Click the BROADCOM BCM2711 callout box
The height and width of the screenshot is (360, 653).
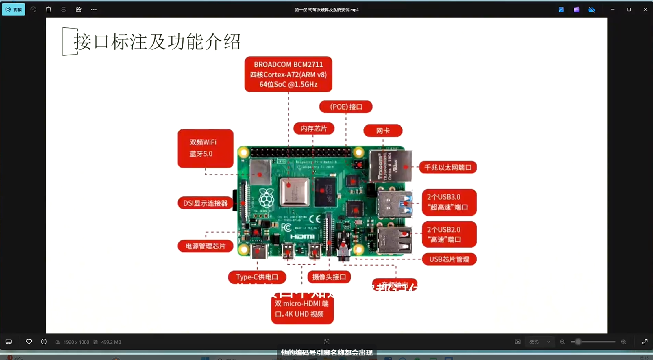click(x=288, y=74)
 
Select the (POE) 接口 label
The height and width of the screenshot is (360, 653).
click(x=346, y=107)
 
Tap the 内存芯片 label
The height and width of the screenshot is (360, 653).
click(x=314, y=129)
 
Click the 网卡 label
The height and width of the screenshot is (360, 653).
click(x=383, y=131)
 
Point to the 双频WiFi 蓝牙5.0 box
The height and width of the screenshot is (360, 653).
click(x=205, y=148)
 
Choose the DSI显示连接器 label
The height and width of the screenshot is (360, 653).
click(x=205, y=203)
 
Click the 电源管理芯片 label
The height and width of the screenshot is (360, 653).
click(x=205, y=246)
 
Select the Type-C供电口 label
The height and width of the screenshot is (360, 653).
click(x=257, y=277)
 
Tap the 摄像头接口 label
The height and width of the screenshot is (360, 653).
click(x=329, y=277)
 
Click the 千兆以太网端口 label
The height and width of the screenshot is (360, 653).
click(x=448, y=167)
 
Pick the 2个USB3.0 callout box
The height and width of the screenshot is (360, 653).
click(x=449, y=202)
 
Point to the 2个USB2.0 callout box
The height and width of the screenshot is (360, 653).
click(x=449, y=234)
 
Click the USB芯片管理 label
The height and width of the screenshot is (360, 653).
click(x=449, y=259)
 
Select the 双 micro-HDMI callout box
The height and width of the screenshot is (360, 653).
click(x=302, y=309)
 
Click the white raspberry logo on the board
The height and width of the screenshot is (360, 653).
click(x=266, y=198)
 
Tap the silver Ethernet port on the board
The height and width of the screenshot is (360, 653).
click(x=391, y=166)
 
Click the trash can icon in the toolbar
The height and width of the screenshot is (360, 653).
click(x=49, y=10)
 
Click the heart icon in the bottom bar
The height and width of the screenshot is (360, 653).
click(x=29, y=342)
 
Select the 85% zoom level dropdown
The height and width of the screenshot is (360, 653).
click(x=539, y=342)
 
